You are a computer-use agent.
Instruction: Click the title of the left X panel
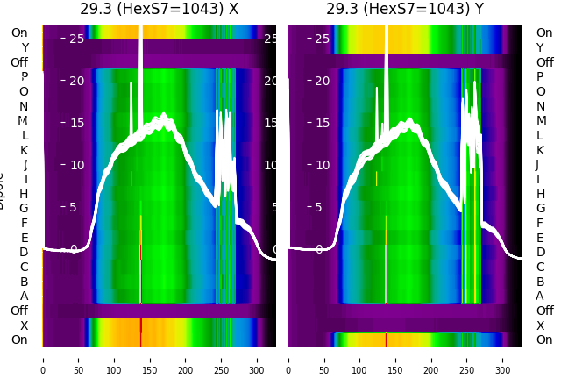[159, 10]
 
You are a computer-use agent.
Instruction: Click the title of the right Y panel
[405, 10]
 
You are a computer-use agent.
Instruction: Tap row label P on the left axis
[24, 77]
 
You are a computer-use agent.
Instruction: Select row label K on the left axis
[24, 150]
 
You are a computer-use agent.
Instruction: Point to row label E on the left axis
[24, 238]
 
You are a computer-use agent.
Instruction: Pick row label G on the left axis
[24, 209]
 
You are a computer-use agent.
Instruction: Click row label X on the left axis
[24, 325]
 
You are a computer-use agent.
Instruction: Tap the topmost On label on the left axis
[19, 33]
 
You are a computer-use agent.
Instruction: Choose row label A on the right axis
[540, 297]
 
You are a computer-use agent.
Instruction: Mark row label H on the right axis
[540, 194]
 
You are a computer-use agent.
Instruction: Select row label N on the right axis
[540, 106]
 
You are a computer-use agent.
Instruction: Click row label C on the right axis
[540, 267]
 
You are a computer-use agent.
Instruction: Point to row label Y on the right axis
[540, 47]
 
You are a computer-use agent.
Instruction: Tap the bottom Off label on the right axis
[544, 311]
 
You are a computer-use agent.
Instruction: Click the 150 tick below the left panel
[150, 359]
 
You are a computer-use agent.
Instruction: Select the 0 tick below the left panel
[42, 359]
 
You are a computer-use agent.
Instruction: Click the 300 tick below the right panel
[504, 359]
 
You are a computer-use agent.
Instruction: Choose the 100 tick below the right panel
[360, 359]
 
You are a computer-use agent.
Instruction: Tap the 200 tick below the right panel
[432, 359]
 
